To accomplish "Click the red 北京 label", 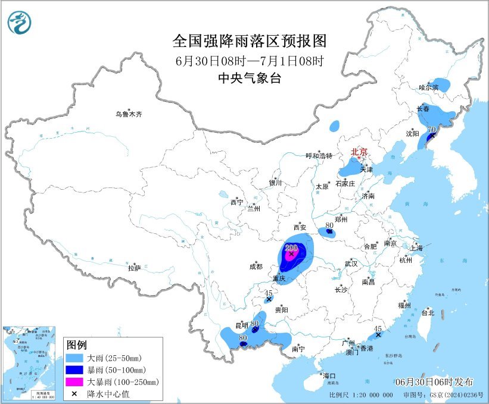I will coord(359,152).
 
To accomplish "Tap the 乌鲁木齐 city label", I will coord(129,114).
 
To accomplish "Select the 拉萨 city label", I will coord(134,268).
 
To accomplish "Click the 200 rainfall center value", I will coord(291,248).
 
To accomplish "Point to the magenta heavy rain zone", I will coord(290,255).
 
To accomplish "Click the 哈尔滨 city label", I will coord(428,87).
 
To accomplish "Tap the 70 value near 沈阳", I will coord(432,129).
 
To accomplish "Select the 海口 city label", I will coord(329,376).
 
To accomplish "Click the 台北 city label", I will coord(428,312).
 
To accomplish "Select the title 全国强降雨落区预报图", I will coord(250,40).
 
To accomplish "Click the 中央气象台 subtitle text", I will coord(250,78).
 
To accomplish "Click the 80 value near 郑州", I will coord(329,226).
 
